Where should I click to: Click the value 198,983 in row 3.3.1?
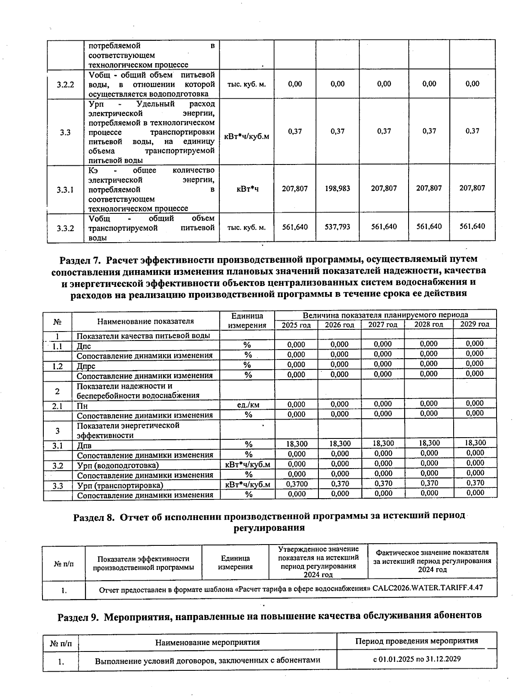pyautogui.click(x=337, y=188)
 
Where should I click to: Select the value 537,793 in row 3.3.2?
pyautogui.click(x=337, y=227)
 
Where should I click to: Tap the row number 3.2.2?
pyautogui.click(x=65, y=84)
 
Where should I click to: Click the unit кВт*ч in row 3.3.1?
pyautogui.click(x=247, y=189)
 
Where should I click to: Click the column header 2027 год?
pyautogui.click(x=383, y=325)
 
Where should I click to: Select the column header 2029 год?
pyautogui.click(x=475, y=324)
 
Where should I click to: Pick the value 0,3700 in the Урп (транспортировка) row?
pyautogui.click(x=296, y=484)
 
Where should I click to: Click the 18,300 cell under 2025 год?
pyautogui.click(x=296, y=444)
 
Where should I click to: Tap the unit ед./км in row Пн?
pyautogui.click(x=248, y=405)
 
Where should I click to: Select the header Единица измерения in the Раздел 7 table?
pyautogui.click(x=247, y=320)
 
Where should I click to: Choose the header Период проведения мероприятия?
pyautogui.click(x=416, y=641)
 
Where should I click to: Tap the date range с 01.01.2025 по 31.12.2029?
pyautogui.click(x=417, y=659)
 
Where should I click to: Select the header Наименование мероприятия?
pyautogui.click(x=207, y=642)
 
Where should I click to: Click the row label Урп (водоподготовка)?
pyautogui.click(x=118, y=466)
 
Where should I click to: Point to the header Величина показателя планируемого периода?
pyautogui.click(x=385, y=315)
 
